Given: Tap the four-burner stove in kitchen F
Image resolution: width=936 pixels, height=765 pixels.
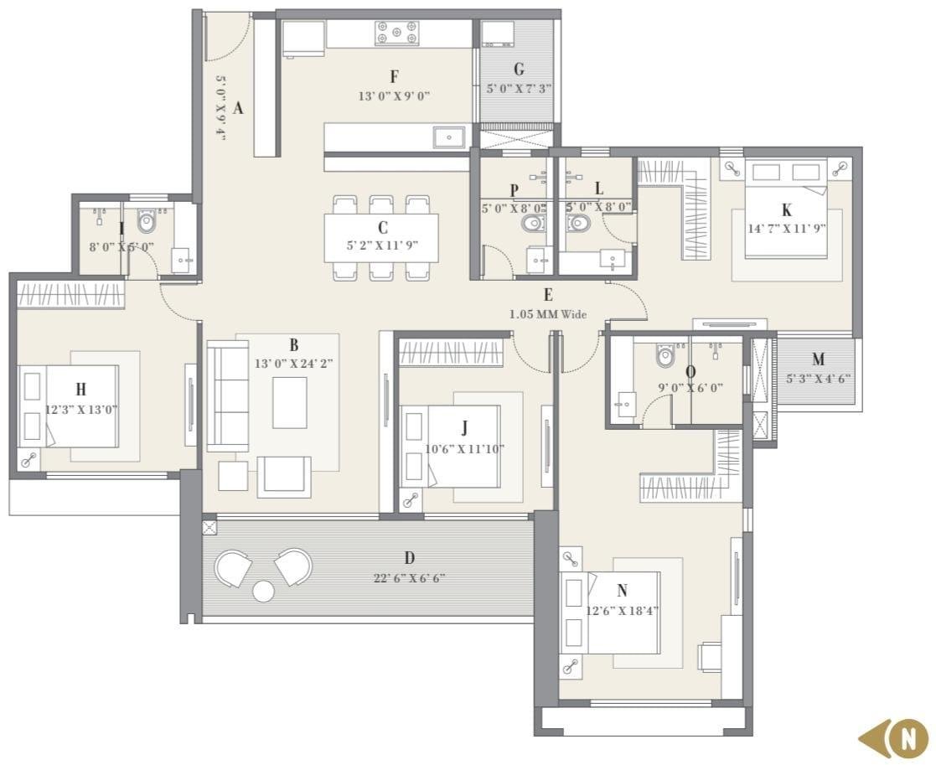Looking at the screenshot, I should (x=396, y=34).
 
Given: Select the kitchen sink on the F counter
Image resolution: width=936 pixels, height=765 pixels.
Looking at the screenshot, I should (x=449, y=137).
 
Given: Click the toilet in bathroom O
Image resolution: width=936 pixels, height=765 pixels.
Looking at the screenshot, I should (x=665, y=356).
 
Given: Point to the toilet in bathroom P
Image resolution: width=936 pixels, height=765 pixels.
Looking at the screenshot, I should (x=531, y=224).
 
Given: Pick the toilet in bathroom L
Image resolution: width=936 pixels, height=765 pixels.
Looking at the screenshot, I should (x=578, y=224).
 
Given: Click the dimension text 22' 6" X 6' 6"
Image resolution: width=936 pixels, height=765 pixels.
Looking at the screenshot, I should (x=409, y=578).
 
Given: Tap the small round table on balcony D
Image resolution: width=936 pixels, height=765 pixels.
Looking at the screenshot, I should (x=263, y=591).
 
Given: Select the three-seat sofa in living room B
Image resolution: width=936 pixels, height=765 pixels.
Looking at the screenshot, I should (x=227, y=395).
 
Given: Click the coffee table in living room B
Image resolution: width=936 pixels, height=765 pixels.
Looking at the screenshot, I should (x=289, y=402).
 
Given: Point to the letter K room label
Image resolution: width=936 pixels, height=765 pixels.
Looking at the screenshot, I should (x=786, y=210).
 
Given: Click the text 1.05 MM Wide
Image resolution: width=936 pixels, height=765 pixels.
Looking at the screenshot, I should (x=548, y=314).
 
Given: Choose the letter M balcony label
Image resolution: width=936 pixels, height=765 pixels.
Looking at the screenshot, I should (x=818, y=360).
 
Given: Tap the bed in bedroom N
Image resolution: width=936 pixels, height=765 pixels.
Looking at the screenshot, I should (x=612, y=612).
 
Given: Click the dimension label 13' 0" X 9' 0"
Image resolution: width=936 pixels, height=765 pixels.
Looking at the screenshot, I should (x=394, y=96).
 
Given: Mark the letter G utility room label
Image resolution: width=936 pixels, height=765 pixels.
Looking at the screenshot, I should (x=519, y=70).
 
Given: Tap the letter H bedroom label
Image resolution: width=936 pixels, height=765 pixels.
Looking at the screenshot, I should (x=80, y=389).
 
